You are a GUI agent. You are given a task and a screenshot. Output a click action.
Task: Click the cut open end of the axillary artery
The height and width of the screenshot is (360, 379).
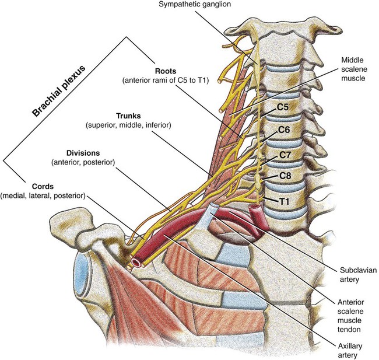pyautogui.click(x=135, y=263)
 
